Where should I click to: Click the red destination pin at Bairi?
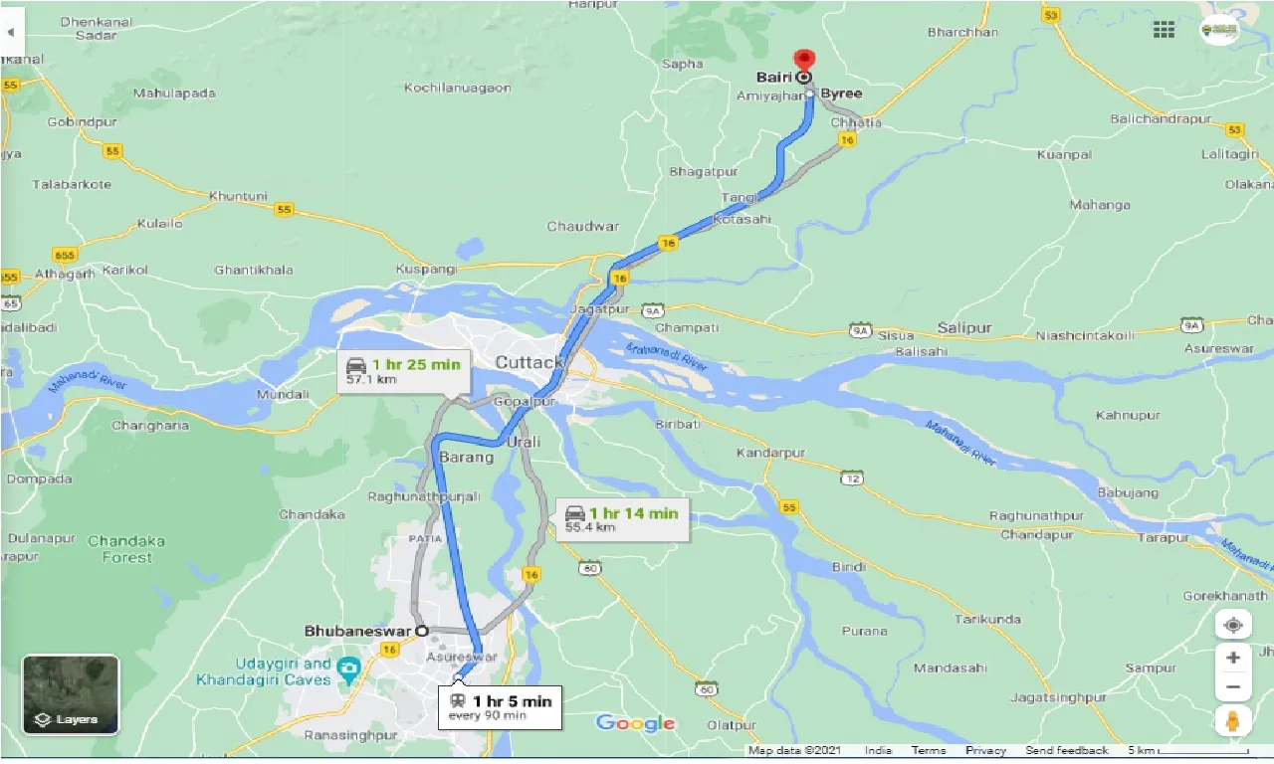(803, 61)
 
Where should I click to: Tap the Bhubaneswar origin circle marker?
(421, 631)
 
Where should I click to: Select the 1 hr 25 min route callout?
(404, 371)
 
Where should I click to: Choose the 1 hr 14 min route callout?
(622, 519)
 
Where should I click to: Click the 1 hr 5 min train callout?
(498, 707)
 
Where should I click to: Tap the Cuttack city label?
(530, 362)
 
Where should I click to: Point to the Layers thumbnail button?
(71, 694)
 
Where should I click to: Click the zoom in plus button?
(1233, 658)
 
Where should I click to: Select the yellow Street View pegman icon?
(1233, 722)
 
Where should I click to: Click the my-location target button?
(1233, 625)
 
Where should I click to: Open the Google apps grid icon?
(1164, 30)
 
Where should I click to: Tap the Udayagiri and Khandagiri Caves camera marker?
(347, 667)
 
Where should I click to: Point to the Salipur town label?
(964, 328)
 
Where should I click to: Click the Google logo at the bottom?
(635, 723)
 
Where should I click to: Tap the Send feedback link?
(1067, 750)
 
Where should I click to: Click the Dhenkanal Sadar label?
(89, 28)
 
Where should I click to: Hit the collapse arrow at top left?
(10, 32)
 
